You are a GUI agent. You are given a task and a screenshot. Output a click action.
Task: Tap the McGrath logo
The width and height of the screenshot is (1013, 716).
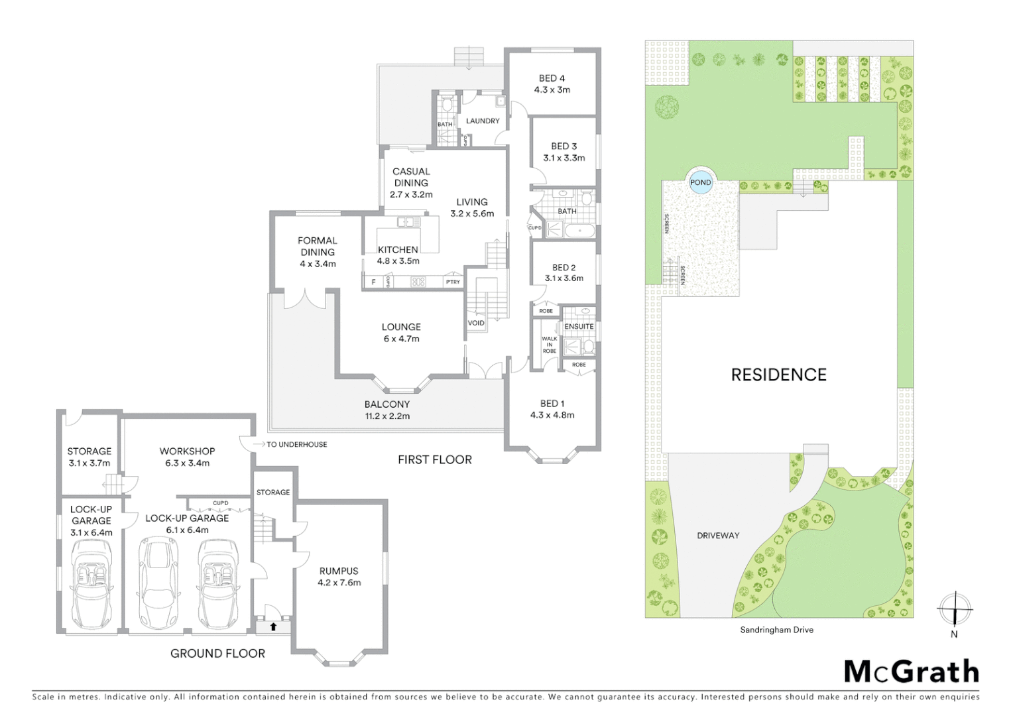click(911, 672)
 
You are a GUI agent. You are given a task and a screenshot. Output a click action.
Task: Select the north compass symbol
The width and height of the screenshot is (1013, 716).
click(954, 609)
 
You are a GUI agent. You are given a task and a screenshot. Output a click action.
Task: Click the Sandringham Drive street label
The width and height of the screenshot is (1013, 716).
click(776, 630)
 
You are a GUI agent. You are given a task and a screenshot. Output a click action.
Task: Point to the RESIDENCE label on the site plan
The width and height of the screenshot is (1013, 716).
click(778, 375)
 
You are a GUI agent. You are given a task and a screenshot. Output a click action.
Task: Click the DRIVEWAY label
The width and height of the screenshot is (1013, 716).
click(718, 536)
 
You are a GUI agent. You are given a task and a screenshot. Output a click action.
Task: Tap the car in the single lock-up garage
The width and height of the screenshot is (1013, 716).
click(91, 583)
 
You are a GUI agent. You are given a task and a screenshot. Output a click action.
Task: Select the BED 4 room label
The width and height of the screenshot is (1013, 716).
click(552, 78)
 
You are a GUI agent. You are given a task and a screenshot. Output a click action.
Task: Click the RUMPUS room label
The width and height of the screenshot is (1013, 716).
click(339, 571)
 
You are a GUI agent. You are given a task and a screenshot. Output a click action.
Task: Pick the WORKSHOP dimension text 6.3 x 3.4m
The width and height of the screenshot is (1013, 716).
click(187, 463)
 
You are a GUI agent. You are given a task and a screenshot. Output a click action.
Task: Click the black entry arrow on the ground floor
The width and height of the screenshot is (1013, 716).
click(273, 626)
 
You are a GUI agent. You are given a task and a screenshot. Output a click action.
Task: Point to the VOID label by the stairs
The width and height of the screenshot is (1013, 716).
click(476, 324)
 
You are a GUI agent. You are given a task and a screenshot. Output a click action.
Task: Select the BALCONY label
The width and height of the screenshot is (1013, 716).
click(387, 404)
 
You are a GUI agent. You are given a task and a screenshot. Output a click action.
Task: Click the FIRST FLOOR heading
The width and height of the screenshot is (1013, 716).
click(434, 460)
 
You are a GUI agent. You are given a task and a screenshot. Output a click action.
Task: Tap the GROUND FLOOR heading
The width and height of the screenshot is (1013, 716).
click(217, 654)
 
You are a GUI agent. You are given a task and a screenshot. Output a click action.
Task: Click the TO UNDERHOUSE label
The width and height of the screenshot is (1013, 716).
click(296, 445)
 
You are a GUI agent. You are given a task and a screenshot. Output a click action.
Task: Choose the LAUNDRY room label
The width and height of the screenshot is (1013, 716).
click(483, 121)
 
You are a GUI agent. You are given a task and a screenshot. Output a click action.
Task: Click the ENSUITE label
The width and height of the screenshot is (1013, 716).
click(579, 327)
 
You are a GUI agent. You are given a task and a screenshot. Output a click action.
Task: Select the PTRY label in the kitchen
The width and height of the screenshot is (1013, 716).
click(453, 282)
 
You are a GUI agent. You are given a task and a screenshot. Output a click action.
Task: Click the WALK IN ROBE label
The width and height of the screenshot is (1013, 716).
click(549, 345)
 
